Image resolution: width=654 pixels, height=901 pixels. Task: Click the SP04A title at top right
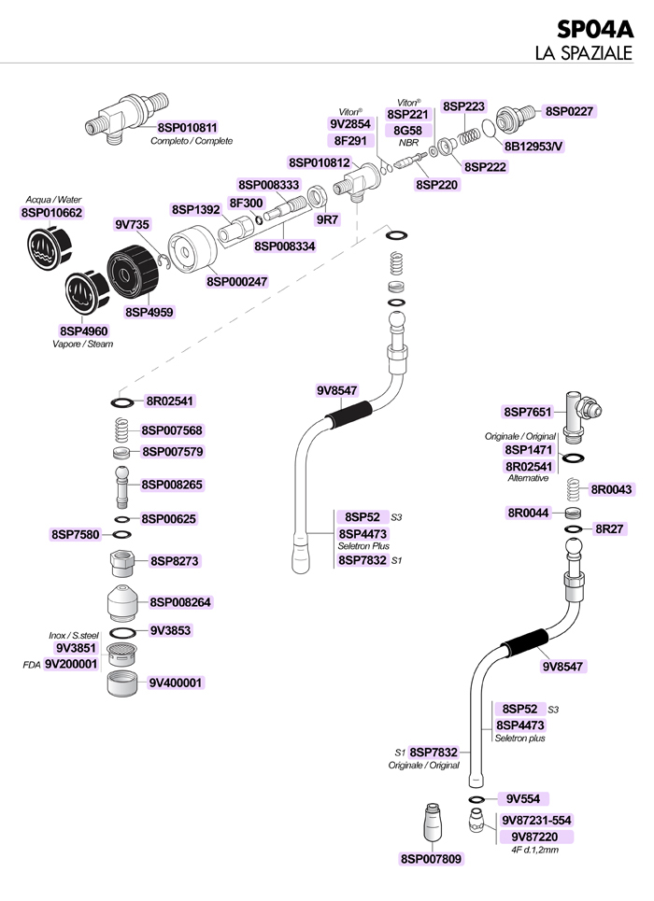coord(595,28)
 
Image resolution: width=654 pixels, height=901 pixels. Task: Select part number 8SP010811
coord(188,128)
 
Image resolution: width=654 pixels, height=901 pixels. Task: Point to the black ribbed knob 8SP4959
coord(133,271)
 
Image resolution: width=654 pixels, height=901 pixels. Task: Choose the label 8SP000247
coord(237,282)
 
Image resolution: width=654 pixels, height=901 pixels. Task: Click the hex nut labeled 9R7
coord(317,196)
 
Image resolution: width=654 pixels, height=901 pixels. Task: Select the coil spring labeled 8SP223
coord(469,136)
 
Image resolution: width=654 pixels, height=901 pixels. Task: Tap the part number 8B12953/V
coord(533,147)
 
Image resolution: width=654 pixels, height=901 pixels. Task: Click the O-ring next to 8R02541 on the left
coord(122,402)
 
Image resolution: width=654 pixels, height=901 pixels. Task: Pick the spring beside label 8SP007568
coord(121,430)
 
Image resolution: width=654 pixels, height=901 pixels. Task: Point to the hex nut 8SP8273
coord(121,563)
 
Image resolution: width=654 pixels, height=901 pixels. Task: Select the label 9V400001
coord(176,683)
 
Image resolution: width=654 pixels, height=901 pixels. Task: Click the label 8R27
coord(609,528)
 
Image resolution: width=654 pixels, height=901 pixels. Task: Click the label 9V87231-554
coord(536,820)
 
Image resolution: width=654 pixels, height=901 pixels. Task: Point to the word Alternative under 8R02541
coord(528,478)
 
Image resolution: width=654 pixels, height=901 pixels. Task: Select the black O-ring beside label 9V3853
coord(122,633)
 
